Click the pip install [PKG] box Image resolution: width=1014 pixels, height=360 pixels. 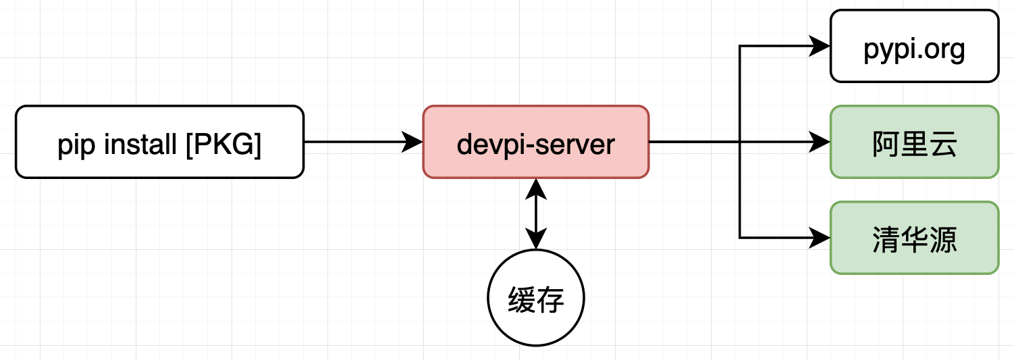(159, 142)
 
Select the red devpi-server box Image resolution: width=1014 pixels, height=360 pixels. (536, 142)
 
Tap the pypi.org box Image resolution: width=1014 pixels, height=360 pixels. (914, 46)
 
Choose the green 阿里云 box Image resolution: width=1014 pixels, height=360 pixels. (914, 142)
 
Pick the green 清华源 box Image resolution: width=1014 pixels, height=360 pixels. (914, 238)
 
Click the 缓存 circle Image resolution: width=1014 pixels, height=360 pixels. (536, 299)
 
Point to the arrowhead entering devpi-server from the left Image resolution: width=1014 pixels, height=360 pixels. (413, 142)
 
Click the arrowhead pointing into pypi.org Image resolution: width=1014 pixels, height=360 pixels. (820, 46)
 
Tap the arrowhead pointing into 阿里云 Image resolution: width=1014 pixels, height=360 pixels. (820, 142)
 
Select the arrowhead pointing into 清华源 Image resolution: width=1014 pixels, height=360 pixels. (820, 238)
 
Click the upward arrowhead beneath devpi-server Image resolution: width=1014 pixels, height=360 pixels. (536, 188)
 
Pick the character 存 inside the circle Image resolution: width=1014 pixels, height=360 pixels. (551, 299)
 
